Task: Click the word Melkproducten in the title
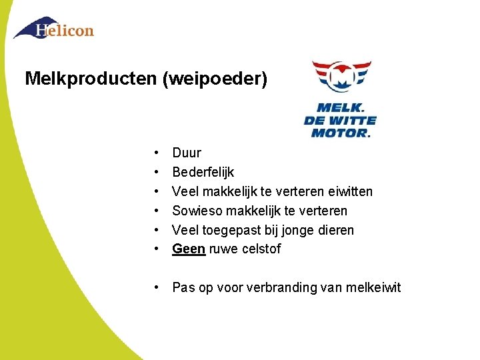click(x=91, y=79)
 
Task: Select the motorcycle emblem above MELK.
click(x=341, y=76)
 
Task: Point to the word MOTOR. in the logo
click(x=340, y=133)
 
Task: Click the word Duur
click(x=187, y=153)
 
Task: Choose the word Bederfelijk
click(x=203, y=173)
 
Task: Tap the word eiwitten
click(x=351, y=192)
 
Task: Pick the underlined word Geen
click(x=189, y=249)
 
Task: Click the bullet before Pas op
click(x=154, y=288)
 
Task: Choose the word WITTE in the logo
click(x=351, y=121)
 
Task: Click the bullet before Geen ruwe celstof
click(x=154, y=249)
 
